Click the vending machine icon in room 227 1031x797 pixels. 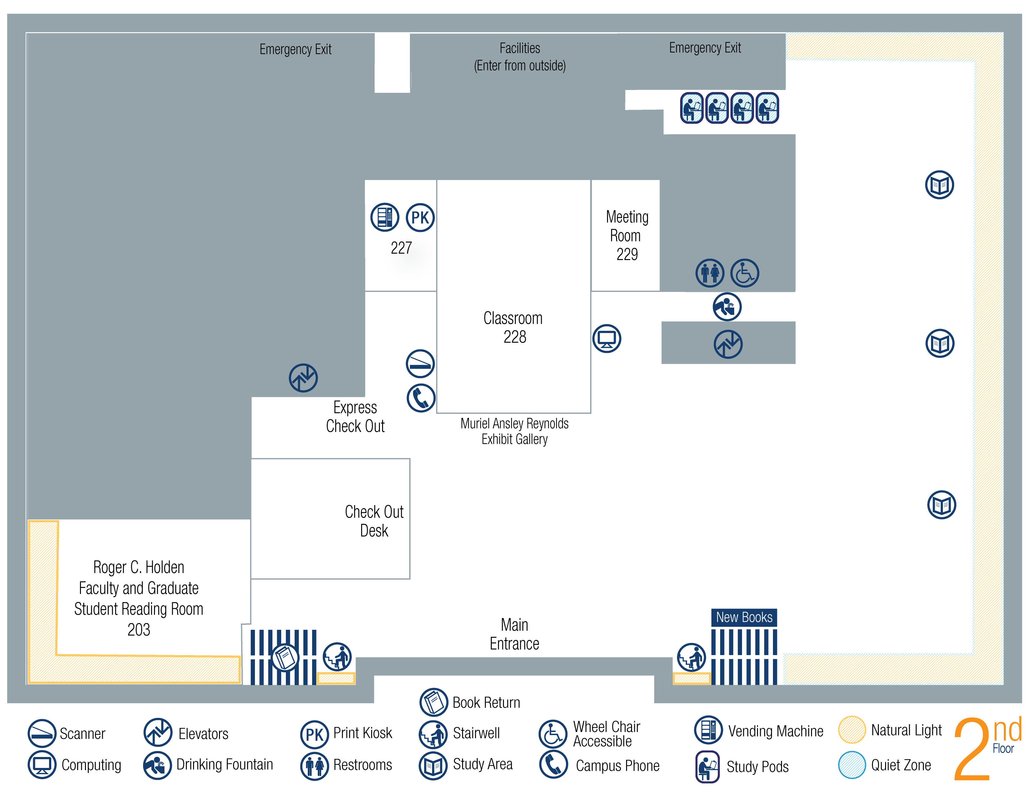384,217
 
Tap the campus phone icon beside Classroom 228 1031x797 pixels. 420,398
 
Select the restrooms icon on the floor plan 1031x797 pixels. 709,273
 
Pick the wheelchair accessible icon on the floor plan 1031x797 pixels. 745,273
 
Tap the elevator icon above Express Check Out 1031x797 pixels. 303,378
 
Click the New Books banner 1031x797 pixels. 744,617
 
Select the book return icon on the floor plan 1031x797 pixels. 285,657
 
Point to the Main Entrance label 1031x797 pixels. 514,634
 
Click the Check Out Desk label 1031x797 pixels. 374,521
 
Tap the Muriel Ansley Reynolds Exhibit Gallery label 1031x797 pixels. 514,431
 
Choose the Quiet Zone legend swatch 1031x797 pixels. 852,765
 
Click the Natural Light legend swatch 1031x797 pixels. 852,730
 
